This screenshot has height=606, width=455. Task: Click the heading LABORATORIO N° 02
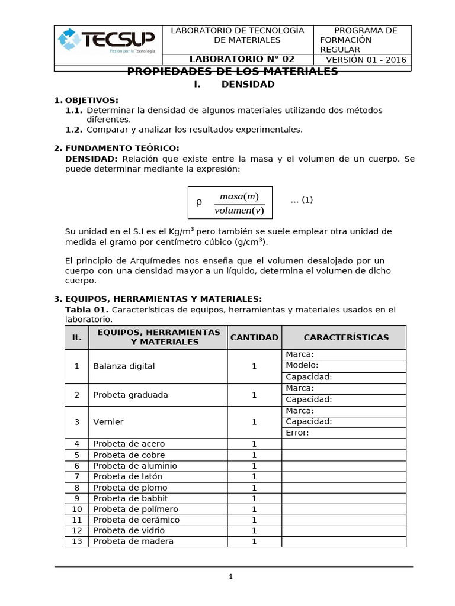242,59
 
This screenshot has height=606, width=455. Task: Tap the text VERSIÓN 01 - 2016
366,60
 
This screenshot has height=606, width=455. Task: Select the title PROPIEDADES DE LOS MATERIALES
233,72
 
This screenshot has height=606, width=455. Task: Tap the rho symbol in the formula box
199,203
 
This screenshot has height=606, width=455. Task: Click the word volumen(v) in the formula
239,211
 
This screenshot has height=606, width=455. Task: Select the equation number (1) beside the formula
302,200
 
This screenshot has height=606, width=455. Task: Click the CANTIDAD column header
254,337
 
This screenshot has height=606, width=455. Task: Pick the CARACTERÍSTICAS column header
346,337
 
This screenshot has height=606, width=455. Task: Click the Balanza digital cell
124,366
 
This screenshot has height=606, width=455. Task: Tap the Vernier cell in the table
107,422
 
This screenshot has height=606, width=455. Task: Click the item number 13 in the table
76,541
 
